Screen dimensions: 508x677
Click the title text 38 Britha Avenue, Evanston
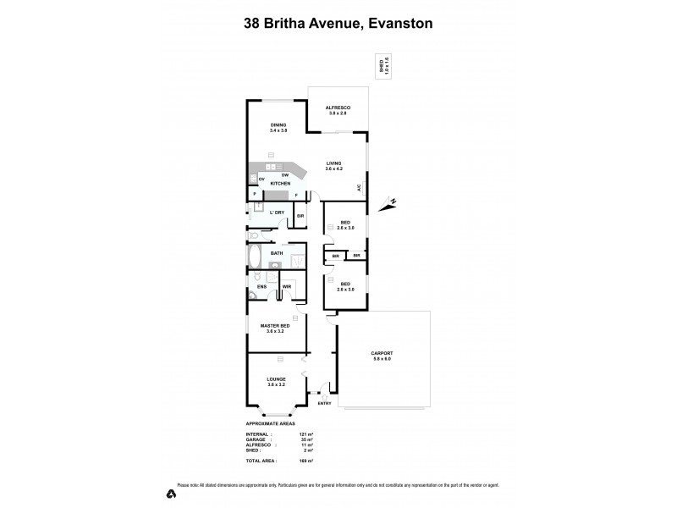[x=338, y=24]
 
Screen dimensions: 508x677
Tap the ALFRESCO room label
[x=338, y=108]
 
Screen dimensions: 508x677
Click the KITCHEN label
[x=280, y=183]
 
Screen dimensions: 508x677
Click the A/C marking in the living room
[x=359, y=187]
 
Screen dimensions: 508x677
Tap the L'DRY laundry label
[x=276, y=212]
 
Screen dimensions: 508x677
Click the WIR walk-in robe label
[x=287, y=286]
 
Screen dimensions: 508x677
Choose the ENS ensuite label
[x=261, y=286]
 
